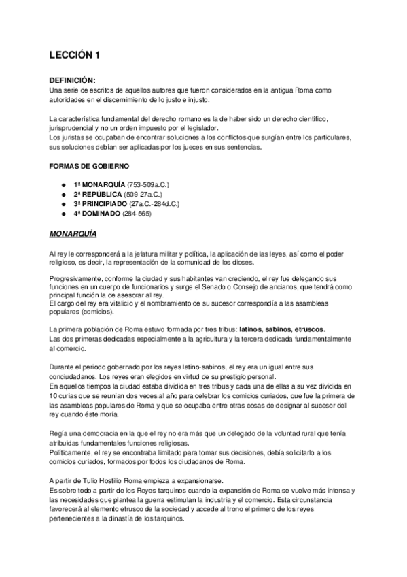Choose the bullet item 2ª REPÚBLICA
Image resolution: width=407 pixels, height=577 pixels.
coord(96,195)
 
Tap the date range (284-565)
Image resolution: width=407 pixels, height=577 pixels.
coord(137,214)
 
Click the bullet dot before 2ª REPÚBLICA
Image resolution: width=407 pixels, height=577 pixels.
coord(63,195)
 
